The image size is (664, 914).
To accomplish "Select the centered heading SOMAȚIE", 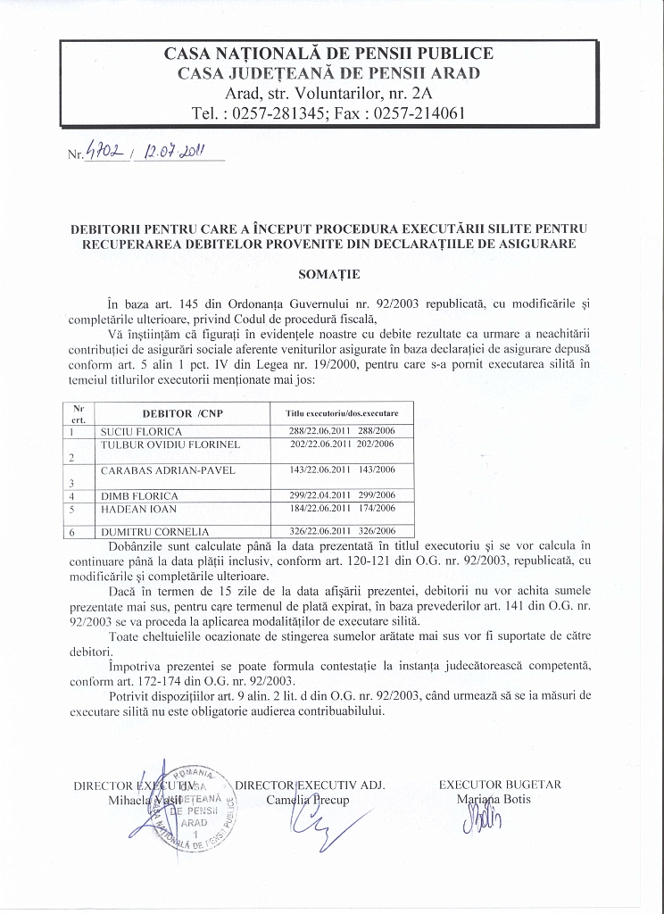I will [x=330, y=274].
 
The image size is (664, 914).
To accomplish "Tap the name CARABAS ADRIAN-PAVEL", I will [x=163, y=469].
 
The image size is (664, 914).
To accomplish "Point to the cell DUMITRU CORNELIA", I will [x=147, y=531].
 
